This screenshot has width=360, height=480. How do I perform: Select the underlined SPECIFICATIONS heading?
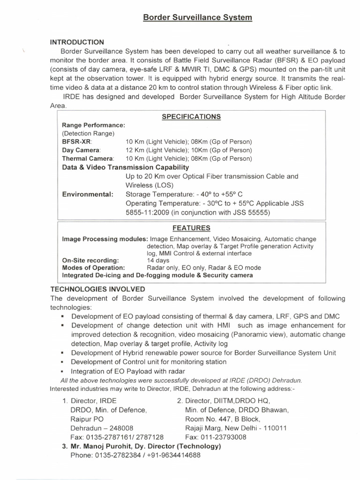pyautogui.click(x=191, y=117)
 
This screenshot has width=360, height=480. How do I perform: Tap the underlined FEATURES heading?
pyautogui.click(x=191, y=228)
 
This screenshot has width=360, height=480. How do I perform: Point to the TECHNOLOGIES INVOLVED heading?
pyautogui.click(x=97, y=289)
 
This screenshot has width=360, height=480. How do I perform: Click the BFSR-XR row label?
pyautogui.click(x=77, y=142)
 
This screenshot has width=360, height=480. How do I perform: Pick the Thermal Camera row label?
pyautogui.click(x=88, y=158)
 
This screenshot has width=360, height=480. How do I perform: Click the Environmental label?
pyautogui.click(x=88, y=194)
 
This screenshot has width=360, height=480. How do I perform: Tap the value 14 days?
pyautogui.click(x=158, y=260)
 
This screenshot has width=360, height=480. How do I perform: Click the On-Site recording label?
pyautogui.click(x=90, y=260)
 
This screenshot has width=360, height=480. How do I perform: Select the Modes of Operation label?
pyautogui.click(x=93, y=268)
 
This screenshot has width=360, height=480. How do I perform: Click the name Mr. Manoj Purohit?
pyautogui.click(x=102, y=446)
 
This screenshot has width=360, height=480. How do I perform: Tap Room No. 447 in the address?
pyautogui.click(x=210, y=419)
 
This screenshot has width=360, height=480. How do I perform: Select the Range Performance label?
pyautogui.click(x=93, y=126)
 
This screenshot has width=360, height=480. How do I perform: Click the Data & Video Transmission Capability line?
pyautogui.click(x=126, y=167)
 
